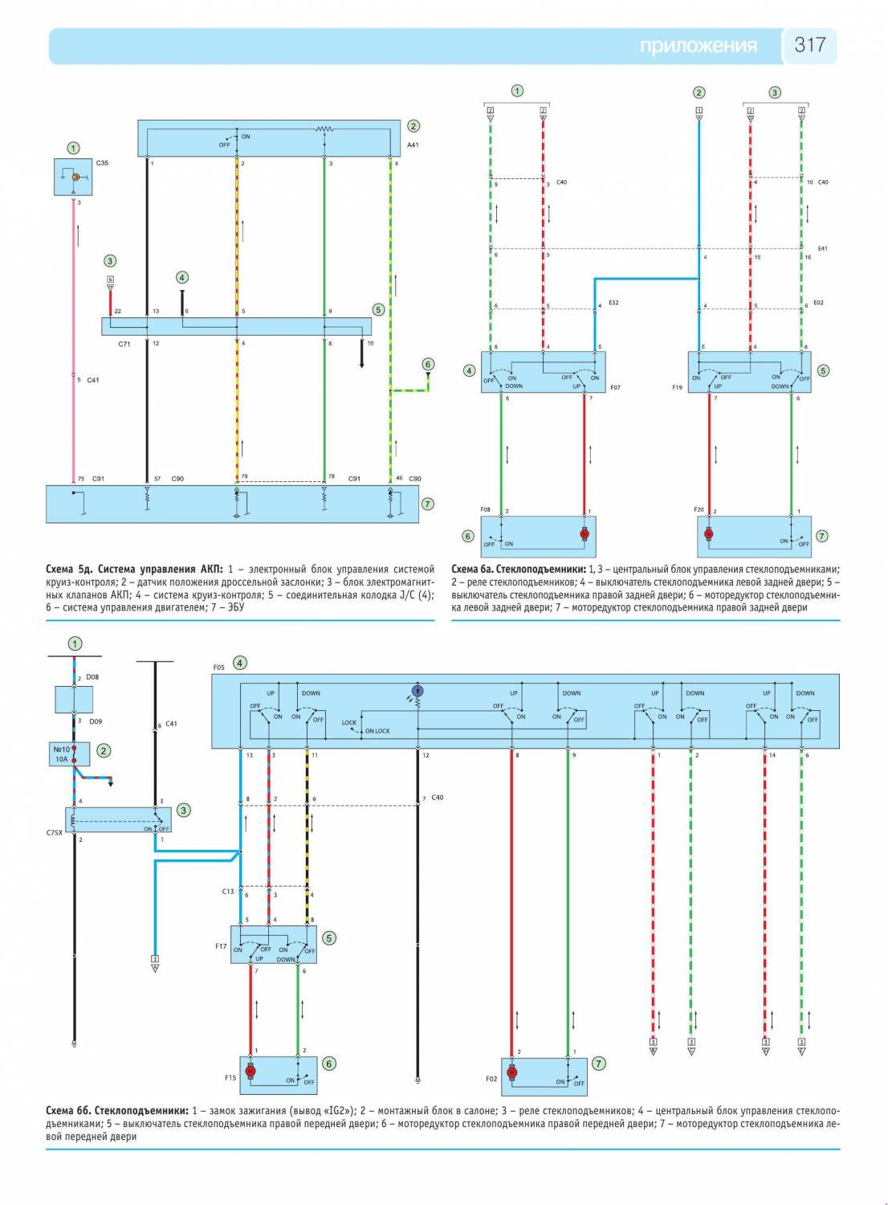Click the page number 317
click(x=809, y=45)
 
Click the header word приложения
click(x=698, y=46)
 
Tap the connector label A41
click(x=413, y=145)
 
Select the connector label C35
click(x=102, y=163)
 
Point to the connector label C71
click(x=124, y=343)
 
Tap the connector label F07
click(x=615, y=387)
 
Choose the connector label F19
click(x=677, y=387)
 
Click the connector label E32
click(x=613, y=303)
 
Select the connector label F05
click(x=219, y=668)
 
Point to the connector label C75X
click(x=55, y=833)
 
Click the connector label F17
click(x=221, y=946)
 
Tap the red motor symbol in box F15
click(x=250, y=1072)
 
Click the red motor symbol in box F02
click(x=512, y=1072)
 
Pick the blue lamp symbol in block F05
click(x=417, y=691)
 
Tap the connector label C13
click(x=228, y=892)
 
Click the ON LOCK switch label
click(x=377, y=731)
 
